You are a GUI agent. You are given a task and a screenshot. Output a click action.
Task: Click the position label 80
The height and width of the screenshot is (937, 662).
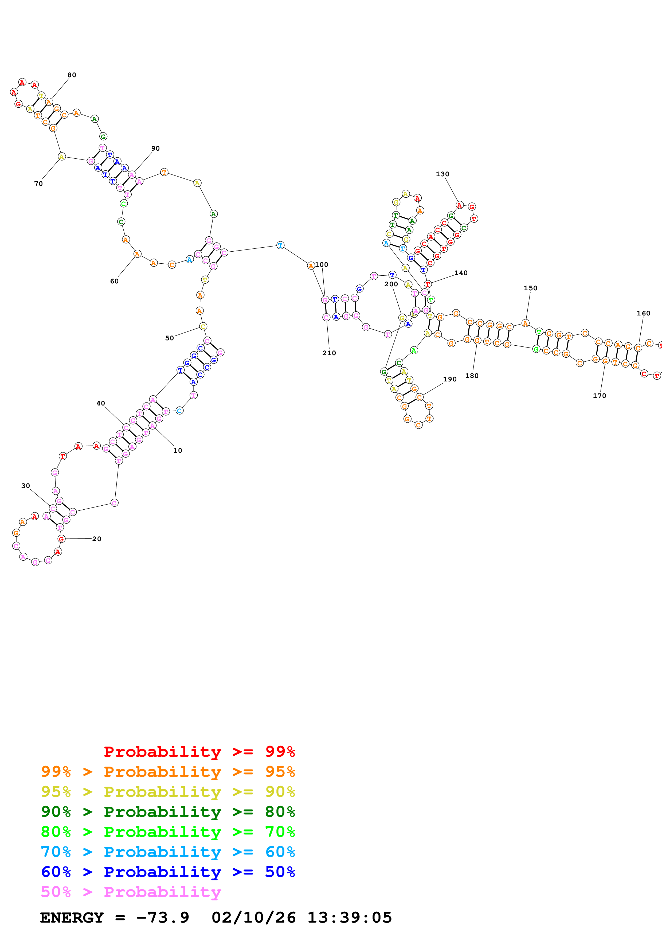[72, 75]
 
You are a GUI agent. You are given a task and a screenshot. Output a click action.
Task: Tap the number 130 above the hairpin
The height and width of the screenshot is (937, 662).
[442, 174]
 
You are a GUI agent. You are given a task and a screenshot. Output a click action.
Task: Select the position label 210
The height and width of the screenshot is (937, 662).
[329, 353]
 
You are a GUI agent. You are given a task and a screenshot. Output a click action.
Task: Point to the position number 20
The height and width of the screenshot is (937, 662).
[97, 539]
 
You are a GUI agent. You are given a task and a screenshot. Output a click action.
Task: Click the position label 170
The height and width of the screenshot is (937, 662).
[599, 396]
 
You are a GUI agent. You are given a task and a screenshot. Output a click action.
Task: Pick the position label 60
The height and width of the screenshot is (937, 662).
[114, 281]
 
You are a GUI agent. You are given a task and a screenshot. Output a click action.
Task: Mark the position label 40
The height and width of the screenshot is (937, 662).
[100, 403]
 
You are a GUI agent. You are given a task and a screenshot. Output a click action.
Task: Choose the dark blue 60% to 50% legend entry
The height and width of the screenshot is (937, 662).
[168, 872]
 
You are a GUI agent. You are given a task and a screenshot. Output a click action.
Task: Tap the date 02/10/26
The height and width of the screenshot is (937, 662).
[253, 918]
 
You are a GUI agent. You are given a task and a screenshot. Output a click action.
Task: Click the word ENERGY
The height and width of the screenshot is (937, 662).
[72, 918]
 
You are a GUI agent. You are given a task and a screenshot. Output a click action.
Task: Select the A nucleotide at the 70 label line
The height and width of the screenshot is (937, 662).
[62, 157]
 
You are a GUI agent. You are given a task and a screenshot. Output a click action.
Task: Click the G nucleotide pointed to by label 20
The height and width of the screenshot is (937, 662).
[62, 539]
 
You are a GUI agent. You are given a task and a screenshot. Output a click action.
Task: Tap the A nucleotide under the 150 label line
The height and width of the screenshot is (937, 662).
[525, 323]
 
